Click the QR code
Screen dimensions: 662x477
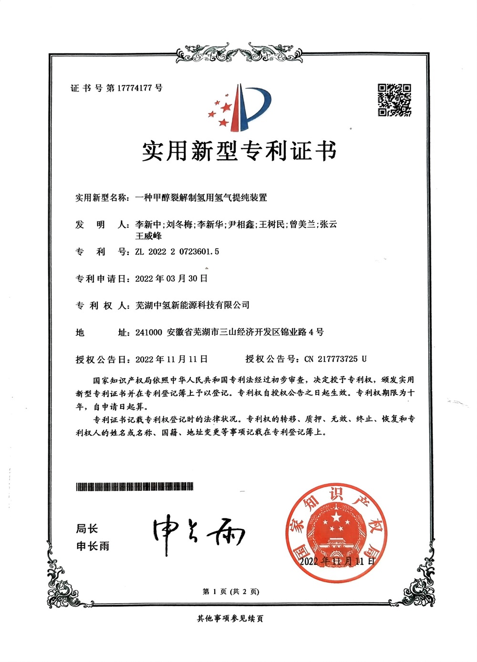point(394,100)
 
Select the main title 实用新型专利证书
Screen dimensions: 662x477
point(239,151)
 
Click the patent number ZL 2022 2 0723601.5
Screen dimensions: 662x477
point(177,252)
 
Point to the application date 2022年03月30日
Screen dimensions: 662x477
point(171,279)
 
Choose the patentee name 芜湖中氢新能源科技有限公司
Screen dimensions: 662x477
point(192,305)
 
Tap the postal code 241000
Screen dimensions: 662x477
point(149,332)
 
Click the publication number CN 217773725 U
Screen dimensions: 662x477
point(335,359)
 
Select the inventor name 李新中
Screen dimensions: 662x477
point(148,225)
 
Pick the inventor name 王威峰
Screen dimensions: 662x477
point(148,237)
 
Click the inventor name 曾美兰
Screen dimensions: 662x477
point(302,225)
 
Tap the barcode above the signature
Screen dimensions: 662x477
point(135,487)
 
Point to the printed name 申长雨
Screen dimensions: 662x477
point(93,546)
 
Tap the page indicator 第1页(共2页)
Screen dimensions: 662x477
point(231,591)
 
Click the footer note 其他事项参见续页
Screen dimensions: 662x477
point(230,619)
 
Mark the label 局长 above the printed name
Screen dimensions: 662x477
point(87,528)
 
